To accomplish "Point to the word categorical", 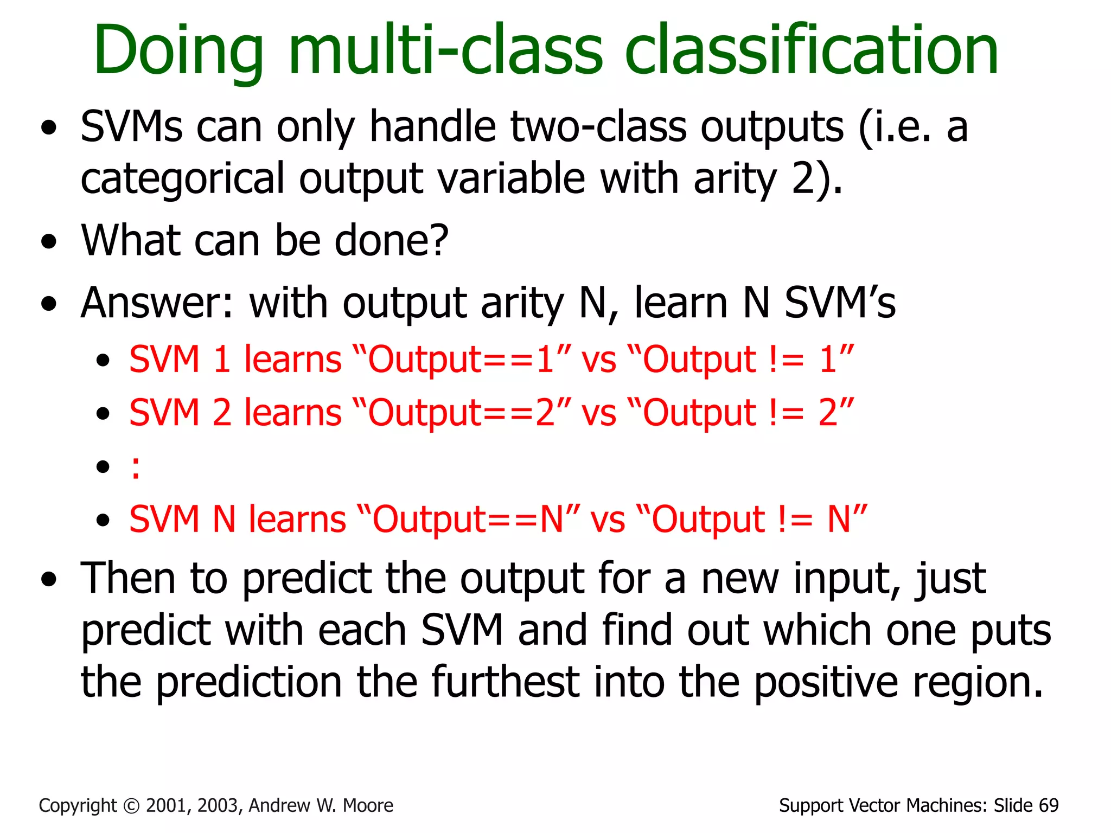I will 182,179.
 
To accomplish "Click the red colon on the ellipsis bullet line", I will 135,467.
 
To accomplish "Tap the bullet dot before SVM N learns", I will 103,521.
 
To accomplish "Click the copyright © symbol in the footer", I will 131,806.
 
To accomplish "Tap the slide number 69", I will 1049,806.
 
